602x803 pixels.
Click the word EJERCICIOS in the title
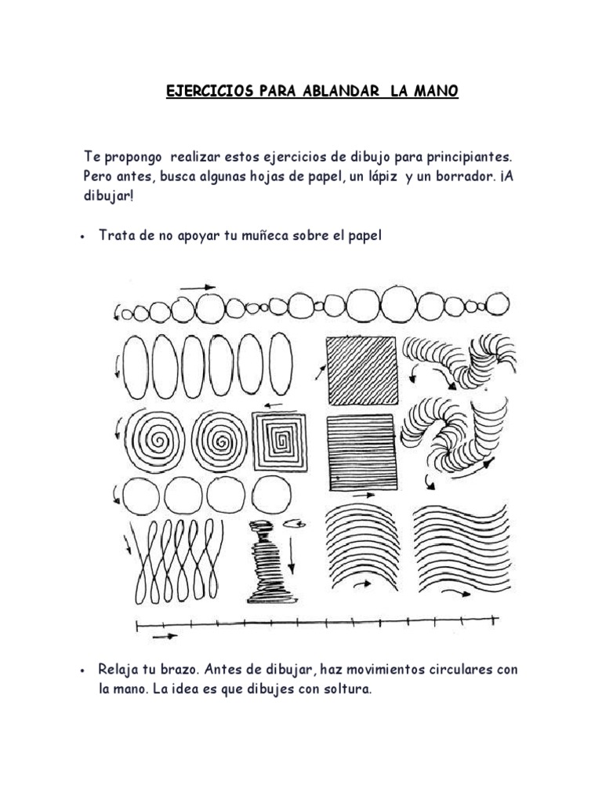tap(210, 91)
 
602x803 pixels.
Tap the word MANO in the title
tap(436, 91)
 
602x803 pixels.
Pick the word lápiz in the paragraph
tap(382, 177)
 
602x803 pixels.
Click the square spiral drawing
tap(280, 442)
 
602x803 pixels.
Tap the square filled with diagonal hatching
tap(362, 370)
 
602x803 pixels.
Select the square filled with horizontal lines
tap(362, 452)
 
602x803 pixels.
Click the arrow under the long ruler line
tap(165, 637)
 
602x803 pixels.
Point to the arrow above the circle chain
tap(198, 288)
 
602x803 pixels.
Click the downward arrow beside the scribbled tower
tap(291, 555)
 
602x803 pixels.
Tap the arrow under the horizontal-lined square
tap(364, 496)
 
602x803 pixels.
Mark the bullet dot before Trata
tap(82, 237)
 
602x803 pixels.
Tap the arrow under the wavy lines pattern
tap(456, 593)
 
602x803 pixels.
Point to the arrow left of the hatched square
tap(321, 372)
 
